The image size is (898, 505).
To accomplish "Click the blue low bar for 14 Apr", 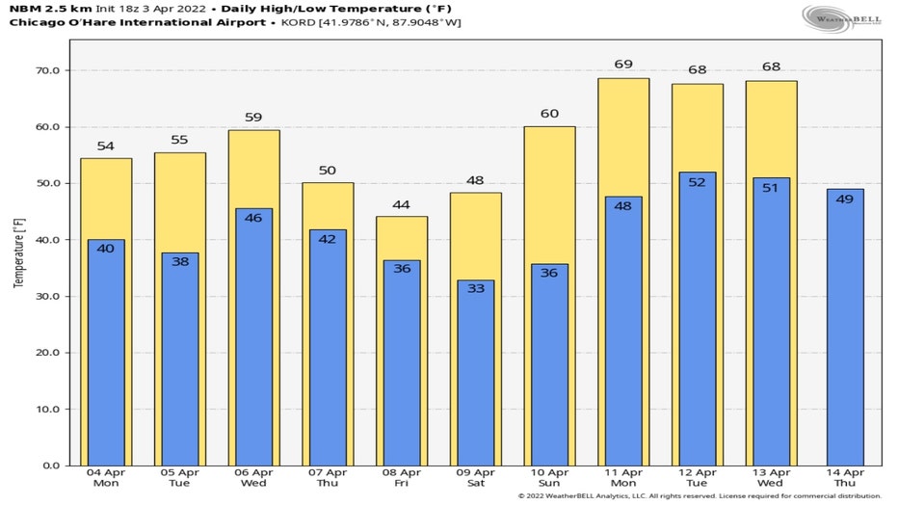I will pyautogui.click(x=845, y=328).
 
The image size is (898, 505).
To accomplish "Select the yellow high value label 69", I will pyautogui.click(x=623, y=65).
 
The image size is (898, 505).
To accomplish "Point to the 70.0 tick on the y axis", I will pyautogui.click(x=47, y=70).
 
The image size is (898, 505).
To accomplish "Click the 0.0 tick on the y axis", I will pyautogui.click(x=50, y=465).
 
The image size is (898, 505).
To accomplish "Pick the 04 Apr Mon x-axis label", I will pyautogui.click(x=105, y=478).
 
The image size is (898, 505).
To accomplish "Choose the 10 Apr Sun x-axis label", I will pyautogui.click(x=549, y=478).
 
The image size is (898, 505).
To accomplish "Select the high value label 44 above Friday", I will pyautogui.click(x=401, y=205).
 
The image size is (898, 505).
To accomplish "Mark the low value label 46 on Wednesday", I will pyautogui.click(x=253, y=218).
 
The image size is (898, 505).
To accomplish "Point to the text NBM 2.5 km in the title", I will pyautogui.click(x=49, y=8).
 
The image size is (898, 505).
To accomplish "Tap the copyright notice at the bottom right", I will pyautogui.click(x=699, y=496).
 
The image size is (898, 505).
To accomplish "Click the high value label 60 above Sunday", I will pyautogui.click(x=549, y=115).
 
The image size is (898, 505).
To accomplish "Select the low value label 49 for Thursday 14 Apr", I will pyautogui.click(x=845, y=199).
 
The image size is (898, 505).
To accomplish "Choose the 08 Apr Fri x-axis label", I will pyautogui.click(x=401, y=478).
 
